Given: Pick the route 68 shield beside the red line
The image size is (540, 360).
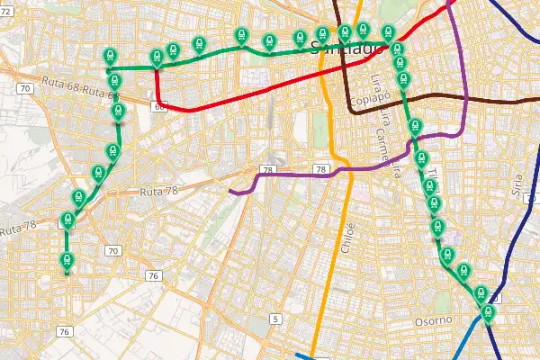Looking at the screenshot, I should click(159, 106).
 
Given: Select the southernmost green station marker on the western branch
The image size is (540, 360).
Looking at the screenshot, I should click(66, 260).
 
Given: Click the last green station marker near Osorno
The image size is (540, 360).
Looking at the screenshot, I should click(488, 313).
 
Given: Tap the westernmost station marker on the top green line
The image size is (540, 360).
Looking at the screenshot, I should click(110, 56).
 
